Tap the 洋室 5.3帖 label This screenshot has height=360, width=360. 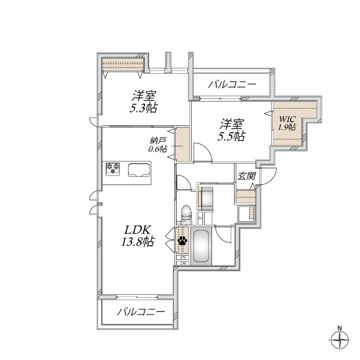click(144, 101)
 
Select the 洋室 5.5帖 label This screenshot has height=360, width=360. click(232, 129)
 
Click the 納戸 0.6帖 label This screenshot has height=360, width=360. click(158, 146)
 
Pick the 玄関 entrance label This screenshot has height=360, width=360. click(247, 175)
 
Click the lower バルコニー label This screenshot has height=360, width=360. click(141, 312)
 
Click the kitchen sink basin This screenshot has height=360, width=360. click(138, 169)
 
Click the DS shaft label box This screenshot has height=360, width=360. click(183, 263)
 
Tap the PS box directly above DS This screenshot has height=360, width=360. click(183, 257)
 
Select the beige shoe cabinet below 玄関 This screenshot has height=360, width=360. click(246, 197)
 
